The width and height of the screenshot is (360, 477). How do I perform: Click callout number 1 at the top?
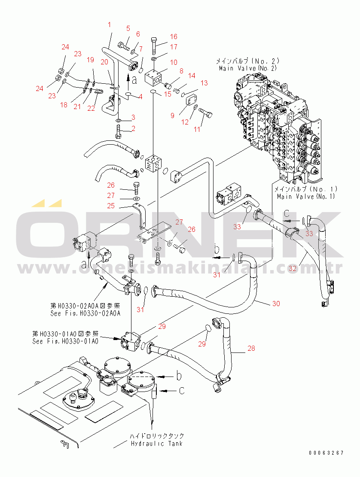point(109,25)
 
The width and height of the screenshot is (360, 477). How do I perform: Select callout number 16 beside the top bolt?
point(173,36)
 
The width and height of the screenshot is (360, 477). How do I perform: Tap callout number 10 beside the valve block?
point(173,62)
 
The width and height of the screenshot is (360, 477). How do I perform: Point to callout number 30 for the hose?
point(276,304)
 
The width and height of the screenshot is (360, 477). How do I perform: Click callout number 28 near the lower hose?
point(251,349)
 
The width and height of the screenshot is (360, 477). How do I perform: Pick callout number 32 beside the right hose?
point(293,269)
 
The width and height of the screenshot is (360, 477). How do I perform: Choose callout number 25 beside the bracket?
point(111,206)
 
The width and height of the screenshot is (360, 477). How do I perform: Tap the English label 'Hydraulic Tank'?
point(156,443)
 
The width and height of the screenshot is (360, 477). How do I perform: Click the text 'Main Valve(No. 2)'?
point(248,68)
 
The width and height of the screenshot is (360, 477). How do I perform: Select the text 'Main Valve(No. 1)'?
point(305,196)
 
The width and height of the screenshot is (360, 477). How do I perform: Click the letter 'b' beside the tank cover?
point(178,376)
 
